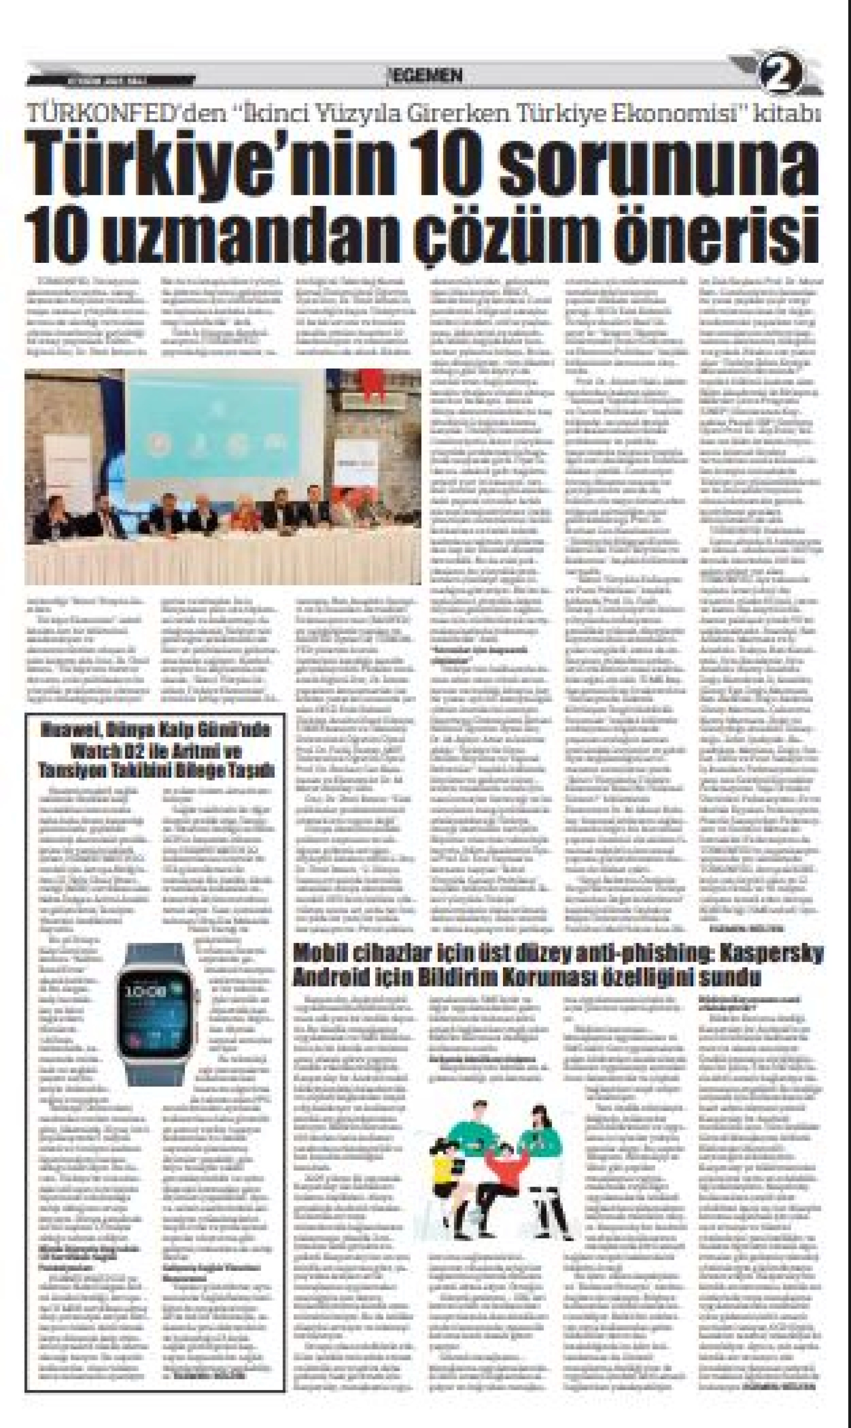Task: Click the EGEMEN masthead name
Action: (x=428, y=76)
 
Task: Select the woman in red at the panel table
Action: (x=245, y=514)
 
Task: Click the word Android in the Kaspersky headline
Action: (x=321, y=978)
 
